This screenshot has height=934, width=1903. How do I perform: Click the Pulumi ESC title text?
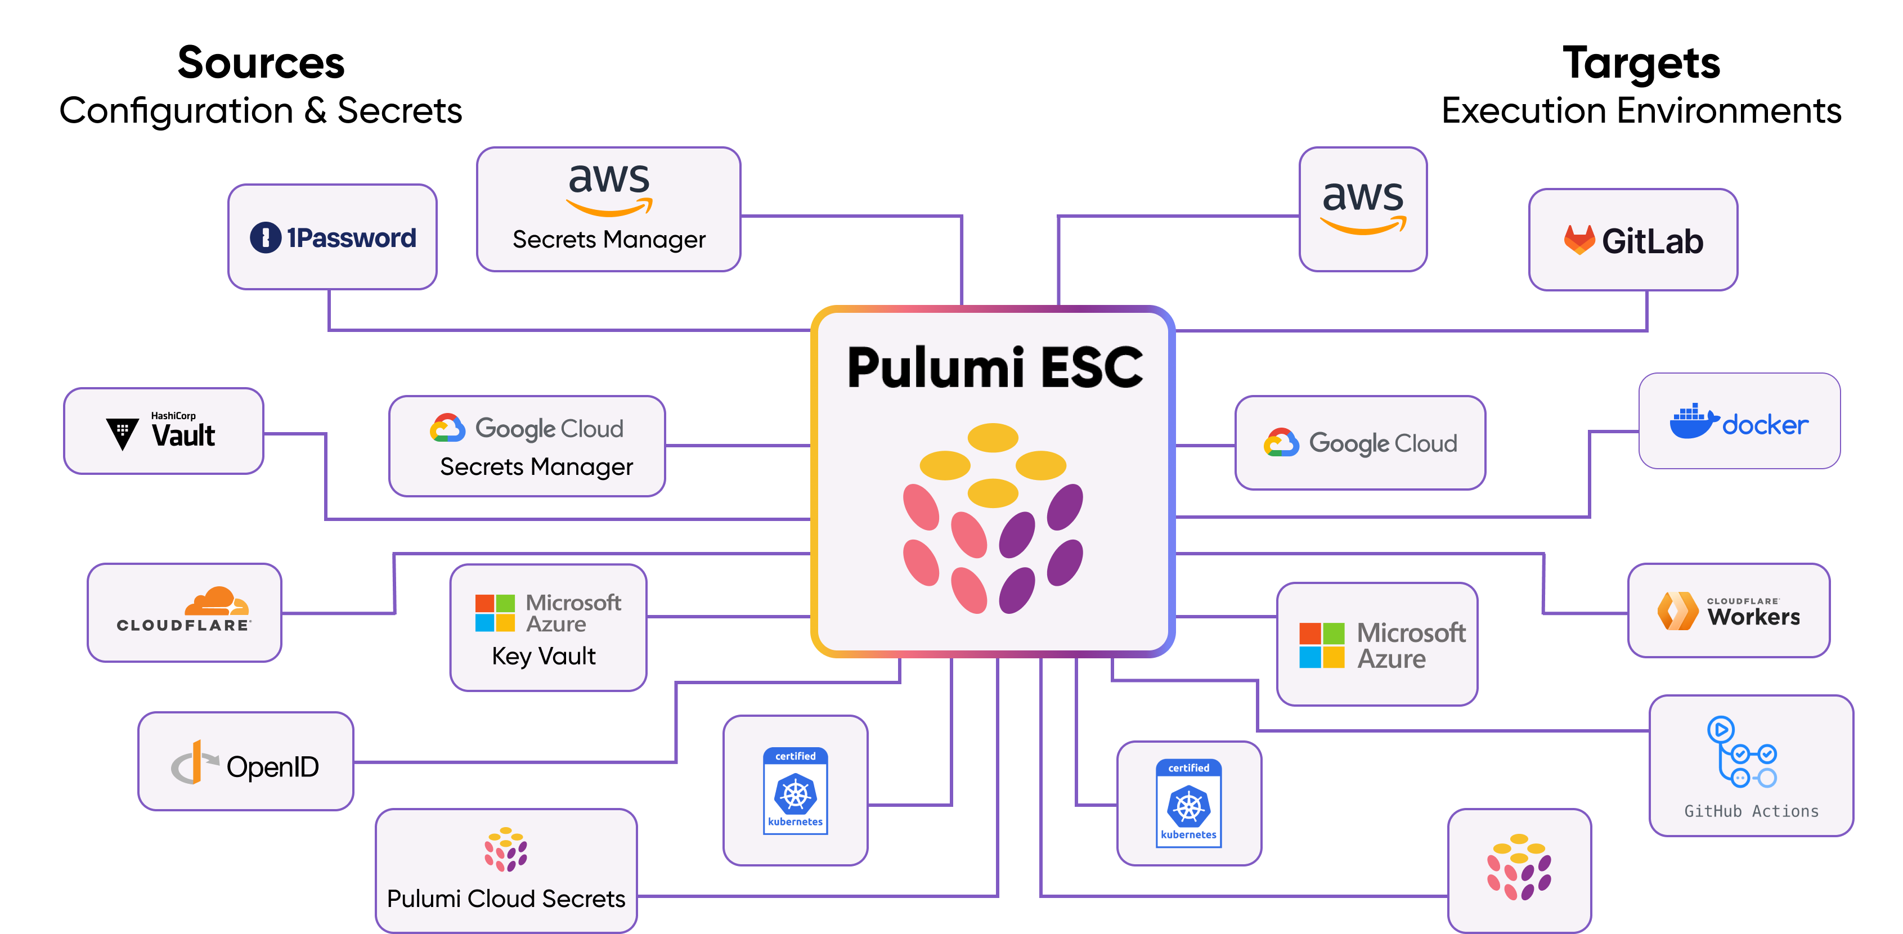tap(994, 367)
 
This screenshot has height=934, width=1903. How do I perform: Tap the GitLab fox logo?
tap(1579, 240)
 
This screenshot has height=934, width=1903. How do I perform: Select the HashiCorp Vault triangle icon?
tap(122, 433)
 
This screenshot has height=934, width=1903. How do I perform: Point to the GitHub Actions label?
tap(1751, 811)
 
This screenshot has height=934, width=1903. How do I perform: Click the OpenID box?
tap(246, 762)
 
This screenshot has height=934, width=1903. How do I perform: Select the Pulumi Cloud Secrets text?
tap(506, 899)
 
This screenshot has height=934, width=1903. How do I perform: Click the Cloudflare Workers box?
tap(1729, 610)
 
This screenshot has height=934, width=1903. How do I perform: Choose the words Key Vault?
tap(544, 656)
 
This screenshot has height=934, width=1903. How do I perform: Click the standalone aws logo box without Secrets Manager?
tap(1363, 209)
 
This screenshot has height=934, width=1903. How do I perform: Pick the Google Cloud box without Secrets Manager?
tap(1360, 443)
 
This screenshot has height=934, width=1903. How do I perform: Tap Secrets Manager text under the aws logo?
tap(609, 240)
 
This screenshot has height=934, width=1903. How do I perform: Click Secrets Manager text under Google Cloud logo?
tap(536, 467)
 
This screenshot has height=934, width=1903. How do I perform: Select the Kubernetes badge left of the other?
tap(795, 791)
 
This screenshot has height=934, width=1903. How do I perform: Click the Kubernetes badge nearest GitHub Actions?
tap(1188, 803)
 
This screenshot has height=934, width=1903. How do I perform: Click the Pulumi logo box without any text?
tap(1519, 870)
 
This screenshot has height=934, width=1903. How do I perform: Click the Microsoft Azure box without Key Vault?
tap(1377, 644)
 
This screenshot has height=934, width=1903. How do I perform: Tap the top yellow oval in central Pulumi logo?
tap(993, 437)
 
